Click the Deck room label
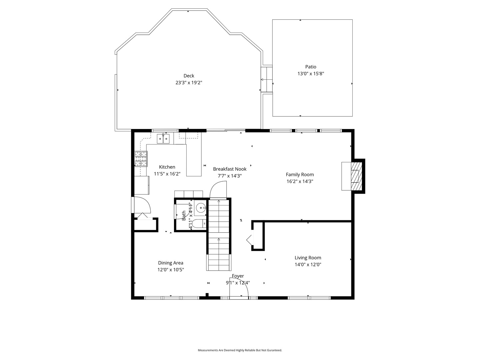coord(189,76)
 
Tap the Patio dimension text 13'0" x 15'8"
coord(311,74)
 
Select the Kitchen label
coord(167,167)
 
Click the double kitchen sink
coord(163,139)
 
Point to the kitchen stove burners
coord(141,159)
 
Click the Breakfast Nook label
coord(230,169)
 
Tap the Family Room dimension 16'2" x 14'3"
coord(300,181)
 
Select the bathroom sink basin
coord(200,208)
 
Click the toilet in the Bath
coord(199,224)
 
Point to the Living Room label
coord(308,258)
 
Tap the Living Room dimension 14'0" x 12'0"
coord(308,265)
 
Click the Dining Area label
coord(171,263)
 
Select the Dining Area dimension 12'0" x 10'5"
coord(171,270)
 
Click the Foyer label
coord(238,276)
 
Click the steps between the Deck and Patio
coord(266,80)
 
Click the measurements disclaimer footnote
coord(240,350)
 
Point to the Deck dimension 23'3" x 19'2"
coord(189,83)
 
